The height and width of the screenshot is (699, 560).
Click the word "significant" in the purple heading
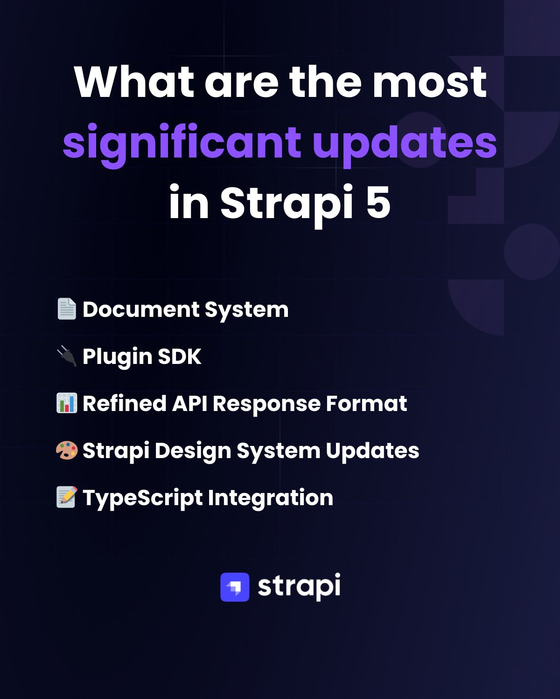182,144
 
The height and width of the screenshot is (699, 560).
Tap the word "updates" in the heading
405,144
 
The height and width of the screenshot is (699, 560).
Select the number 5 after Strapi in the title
378,202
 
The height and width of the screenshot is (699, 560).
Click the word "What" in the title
134,82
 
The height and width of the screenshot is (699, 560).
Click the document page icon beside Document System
67,308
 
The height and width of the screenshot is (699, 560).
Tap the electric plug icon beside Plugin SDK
67,356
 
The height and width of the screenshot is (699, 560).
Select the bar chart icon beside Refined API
67,403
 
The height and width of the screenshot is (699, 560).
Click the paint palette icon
67,450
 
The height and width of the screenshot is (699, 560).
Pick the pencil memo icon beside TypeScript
67,497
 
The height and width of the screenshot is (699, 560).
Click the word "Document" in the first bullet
141,309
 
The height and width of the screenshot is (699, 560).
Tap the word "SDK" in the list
179,356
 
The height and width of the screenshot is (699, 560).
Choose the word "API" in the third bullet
189,404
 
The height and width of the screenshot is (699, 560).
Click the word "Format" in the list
366,404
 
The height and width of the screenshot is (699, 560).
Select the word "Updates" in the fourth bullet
372,451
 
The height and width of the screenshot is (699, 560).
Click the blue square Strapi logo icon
235,587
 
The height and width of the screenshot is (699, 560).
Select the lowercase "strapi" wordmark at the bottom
299,587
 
